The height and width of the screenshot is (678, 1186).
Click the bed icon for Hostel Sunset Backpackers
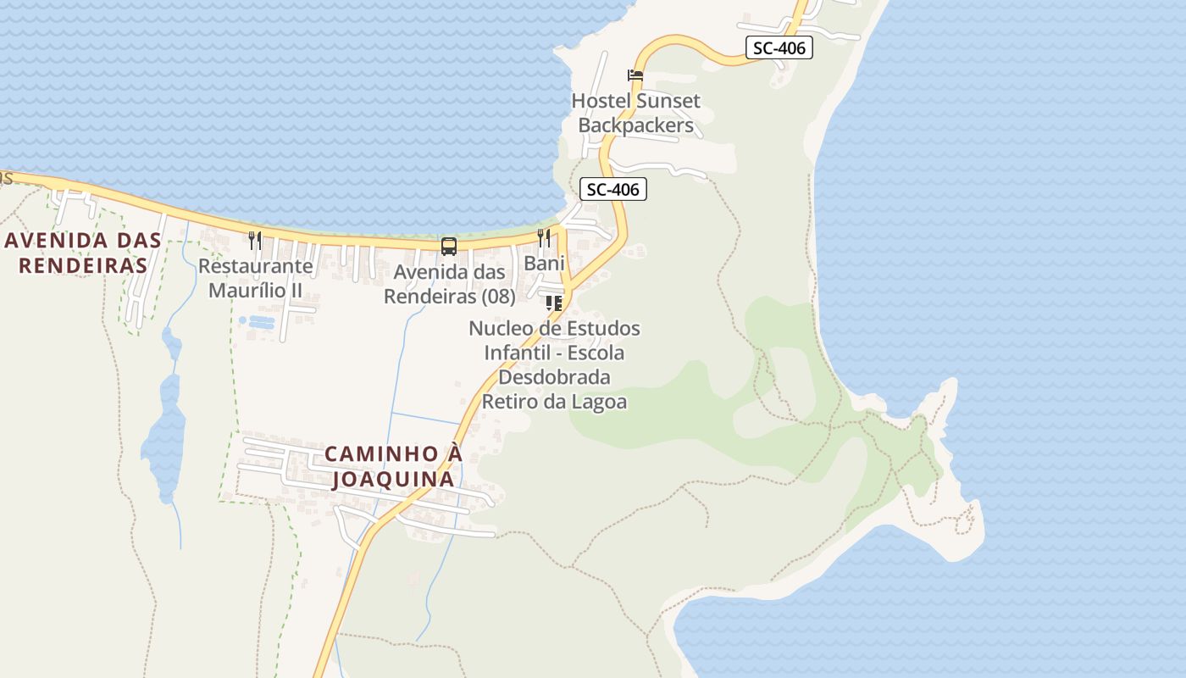pos(635,75)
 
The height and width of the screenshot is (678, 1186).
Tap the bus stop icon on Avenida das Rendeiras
pos(449,247)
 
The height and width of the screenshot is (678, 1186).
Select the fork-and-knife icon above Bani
pos(544,237)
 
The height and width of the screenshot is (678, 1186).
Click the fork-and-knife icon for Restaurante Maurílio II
pos(255,240)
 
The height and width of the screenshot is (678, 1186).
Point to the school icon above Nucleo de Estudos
pos(554,303)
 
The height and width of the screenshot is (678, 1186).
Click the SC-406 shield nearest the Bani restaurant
pos(613,190)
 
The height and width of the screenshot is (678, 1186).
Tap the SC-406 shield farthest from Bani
pos(779,47)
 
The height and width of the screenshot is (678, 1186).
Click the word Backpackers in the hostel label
pos(635,126)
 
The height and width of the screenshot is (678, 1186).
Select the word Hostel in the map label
pos(601,101)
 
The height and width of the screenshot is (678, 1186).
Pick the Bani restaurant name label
pos(544,264)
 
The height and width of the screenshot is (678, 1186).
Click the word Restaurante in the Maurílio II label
pos(255,266)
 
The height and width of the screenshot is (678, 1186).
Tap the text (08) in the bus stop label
pos(497,297)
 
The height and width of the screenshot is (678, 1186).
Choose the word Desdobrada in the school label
pos(554,376)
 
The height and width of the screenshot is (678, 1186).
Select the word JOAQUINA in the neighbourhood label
pos(393,480)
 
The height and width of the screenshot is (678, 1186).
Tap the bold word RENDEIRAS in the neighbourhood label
pos(83,265)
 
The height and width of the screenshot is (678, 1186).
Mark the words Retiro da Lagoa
pos(554,401)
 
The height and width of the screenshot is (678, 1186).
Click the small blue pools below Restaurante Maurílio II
pos(257,322)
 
